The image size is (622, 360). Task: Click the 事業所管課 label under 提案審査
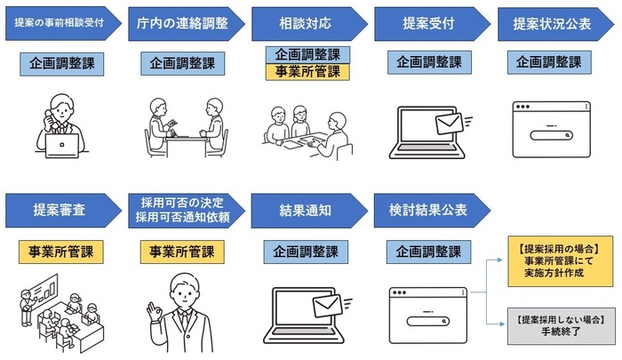pos(61,252)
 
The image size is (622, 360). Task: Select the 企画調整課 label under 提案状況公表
pos(551,63)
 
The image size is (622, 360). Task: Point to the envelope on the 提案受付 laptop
pos(450,123)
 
